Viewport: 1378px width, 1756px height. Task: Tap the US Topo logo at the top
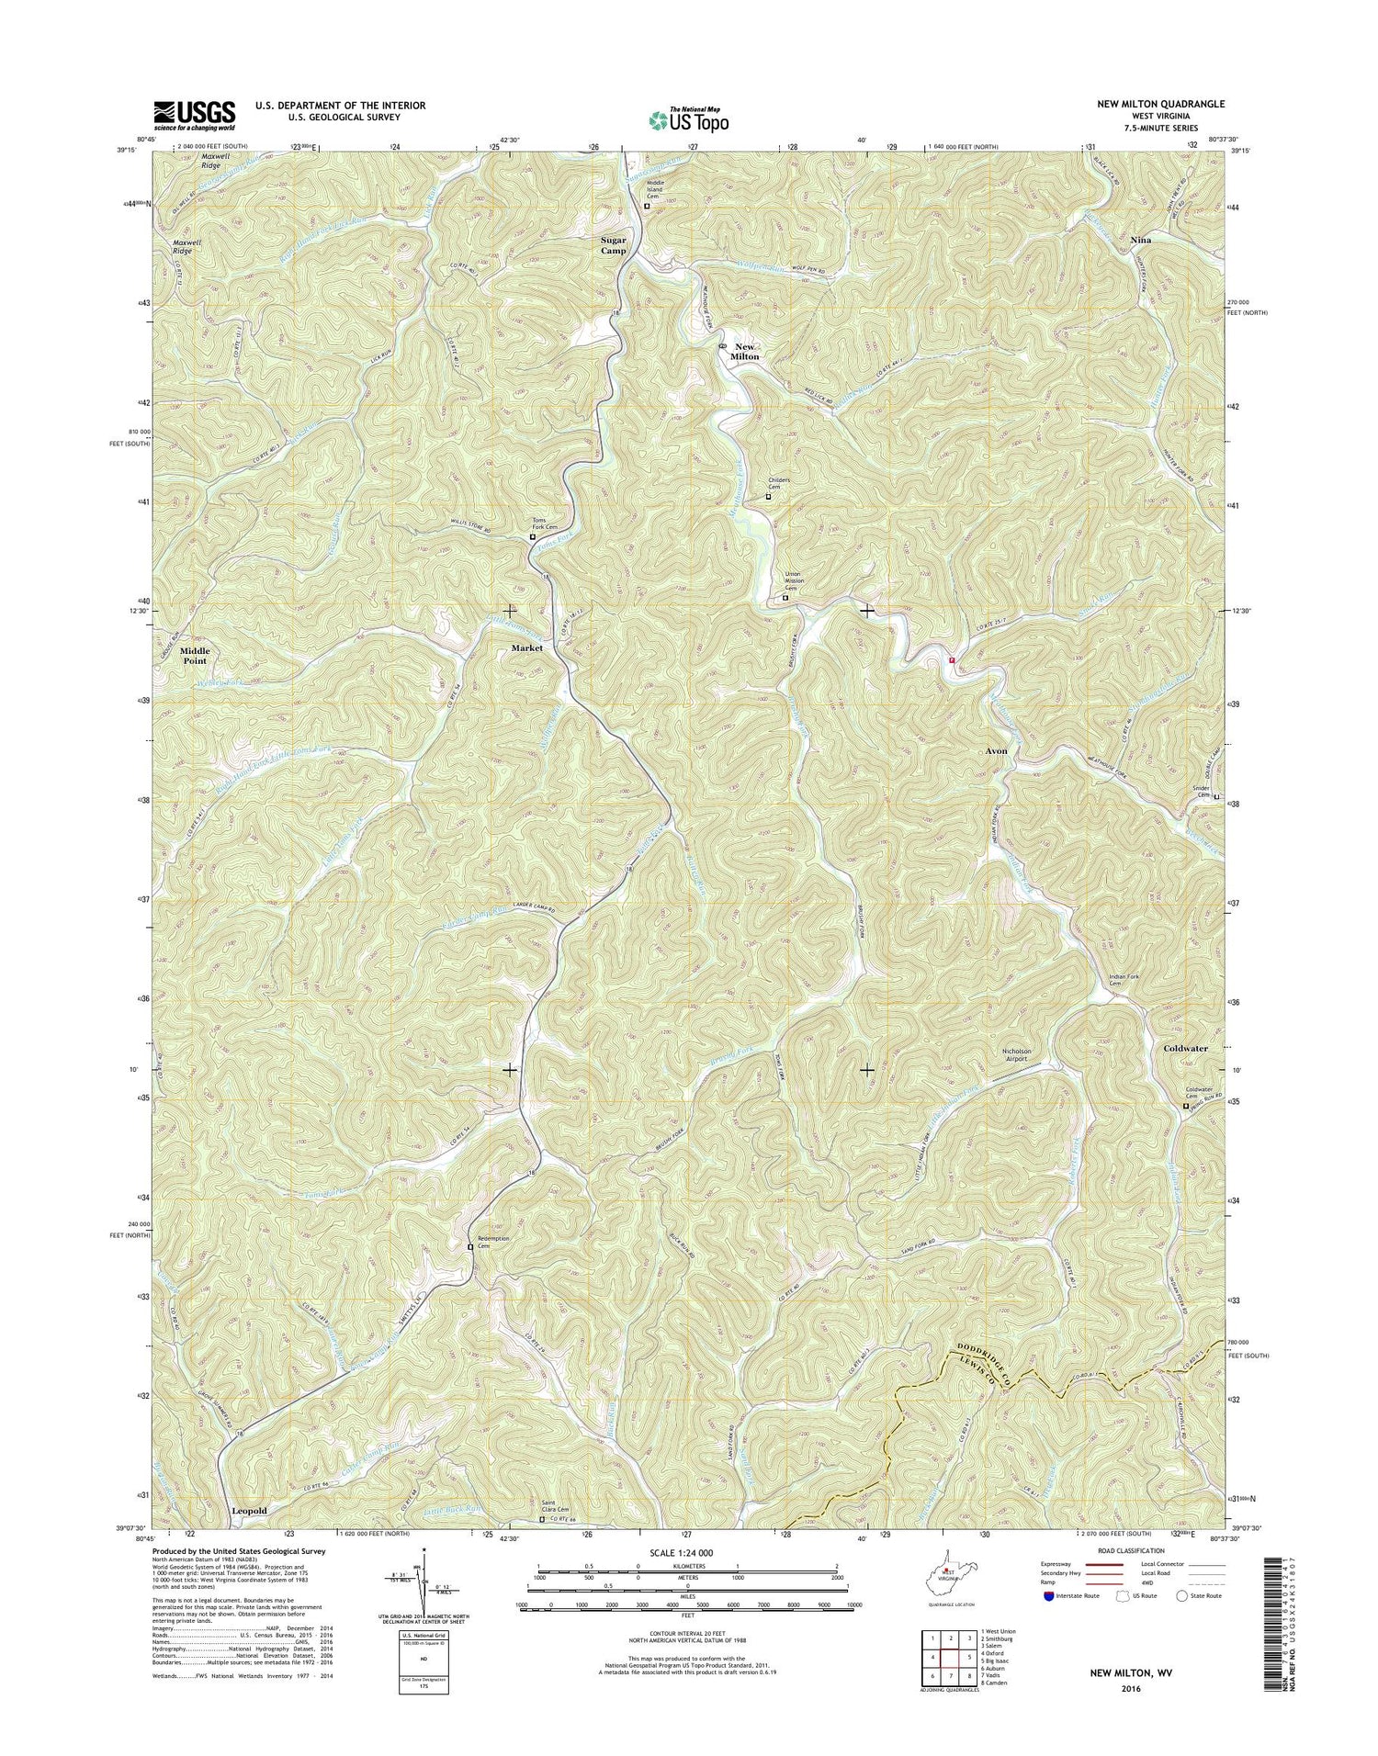coord(689,118)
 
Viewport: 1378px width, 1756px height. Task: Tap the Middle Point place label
coord(194,656)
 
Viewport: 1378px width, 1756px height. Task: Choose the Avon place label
coord(996,750)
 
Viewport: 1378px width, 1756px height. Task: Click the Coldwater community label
coord(1185,1048)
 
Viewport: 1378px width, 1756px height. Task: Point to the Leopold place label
coord(249,1511)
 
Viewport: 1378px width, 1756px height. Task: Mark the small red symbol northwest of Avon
coord(952,658)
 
